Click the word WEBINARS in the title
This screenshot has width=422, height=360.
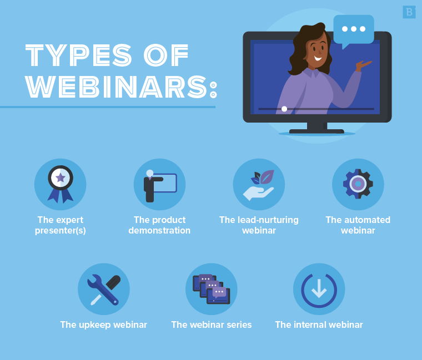[x=116, y=86]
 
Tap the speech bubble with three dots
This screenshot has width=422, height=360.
[x=353, y=29]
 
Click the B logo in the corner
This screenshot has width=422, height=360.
[x=409, y=12]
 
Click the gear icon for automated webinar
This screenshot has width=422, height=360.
[x=358, y=184]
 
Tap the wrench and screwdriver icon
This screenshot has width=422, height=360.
[x=104, y=289]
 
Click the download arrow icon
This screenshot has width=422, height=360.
[x=319, y=289]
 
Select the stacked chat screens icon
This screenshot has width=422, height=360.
[x=211, y=289]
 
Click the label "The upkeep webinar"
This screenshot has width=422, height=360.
[x=104, y=324]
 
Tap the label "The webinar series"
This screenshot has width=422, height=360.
[x=212, y=324]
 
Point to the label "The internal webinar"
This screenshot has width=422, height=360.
[x=319, y=324]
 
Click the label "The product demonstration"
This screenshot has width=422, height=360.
[x=159, y=225]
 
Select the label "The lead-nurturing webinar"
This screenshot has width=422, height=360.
[x=259, y=225]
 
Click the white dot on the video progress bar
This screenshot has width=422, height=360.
[x=284, y=109]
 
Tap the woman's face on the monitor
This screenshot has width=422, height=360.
[x=317, y=52]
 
